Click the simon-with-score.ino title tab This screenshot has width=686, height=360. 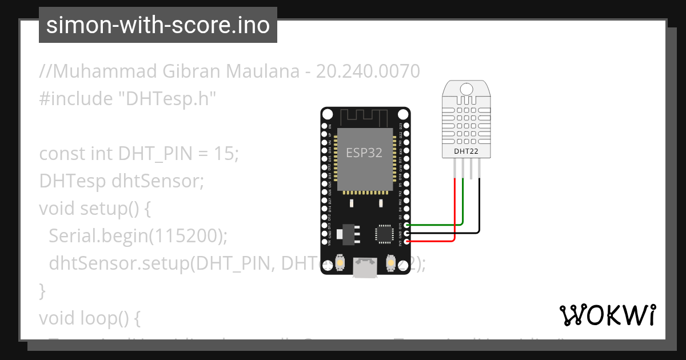158,25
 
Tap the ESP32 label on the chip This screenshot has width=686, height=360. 364,153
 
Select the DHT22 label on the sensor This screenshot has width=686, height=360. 466,151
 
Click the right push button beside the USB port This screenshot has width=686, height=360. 391,262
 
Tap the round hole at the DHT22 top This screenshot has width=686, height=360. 466,89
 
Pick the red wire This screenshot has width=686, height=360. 454,217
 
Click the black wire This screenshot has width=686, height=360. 479,211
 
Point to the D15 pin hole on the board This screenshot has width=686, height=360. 406,225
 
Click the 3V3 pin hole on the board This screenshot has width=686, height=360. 406,242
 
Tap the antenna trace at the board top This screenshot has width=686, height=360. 365,117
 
